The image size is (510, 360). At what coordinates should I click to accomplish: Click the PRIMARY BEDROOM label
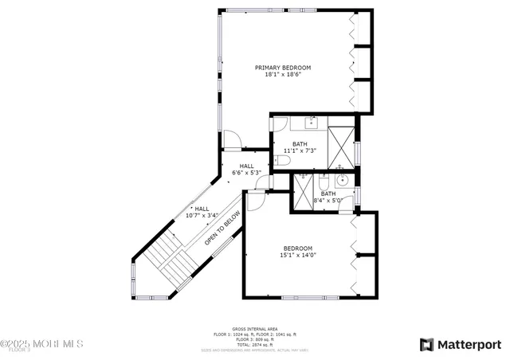click(x=282, y=68)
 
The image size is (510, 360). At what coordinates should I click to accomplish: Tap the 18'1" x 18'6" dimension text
click(x=282, y=75)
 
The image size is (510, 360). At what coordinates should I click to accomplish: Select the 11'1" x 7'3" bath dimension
click(x=300, y=151)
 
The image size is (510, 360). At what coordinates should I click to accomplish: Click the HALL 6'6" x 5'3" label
click(x=246, y=169)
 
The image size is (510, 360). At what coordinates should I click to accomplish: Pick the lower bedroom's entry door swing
click(x=255, y=201)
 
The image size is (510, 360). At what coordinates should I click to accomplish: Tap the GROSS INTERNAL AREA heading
click(x=254, y=328)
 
